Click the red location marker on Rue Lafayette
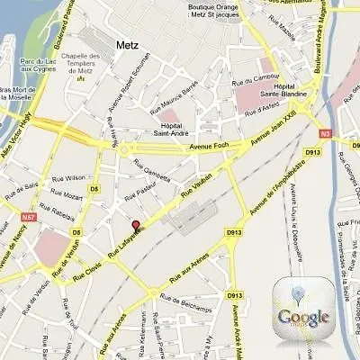point(137,226)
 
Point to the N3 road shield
point(326,133)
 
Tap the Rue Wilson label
point(68,177)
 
